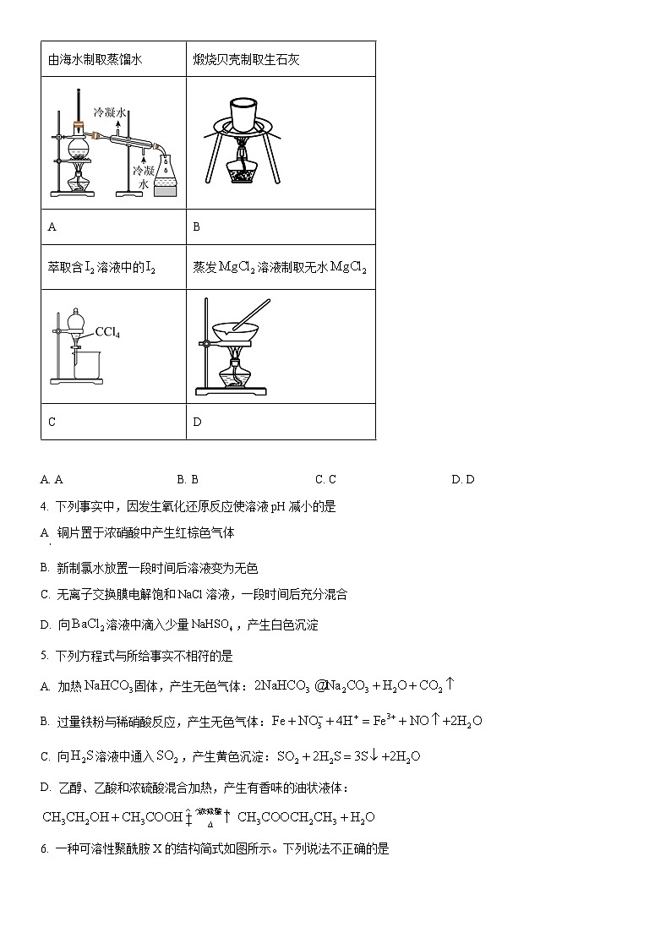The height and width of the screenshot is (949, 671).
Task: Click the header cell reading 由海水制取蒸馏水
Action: tap(96, 59)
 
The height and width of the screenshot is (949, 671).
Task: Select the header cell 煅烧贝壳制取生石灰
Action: tap(247, 59)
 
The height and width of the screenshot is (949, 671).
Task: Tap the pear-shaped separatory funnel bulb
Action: tap(75, 321)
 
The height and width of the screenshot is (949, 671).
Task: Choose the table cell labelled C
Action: tap(52, 422)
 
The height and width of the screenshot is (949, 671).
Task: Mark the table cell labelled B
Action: tap(197, 226)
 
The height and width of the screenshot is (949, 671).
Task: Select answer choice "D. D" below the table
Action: tap(463, 479)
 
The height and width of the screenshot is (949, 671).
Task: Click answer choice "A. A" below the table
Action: tap(52, 479)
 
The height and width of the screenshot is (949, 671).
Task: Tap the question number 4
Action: tap(44, 507)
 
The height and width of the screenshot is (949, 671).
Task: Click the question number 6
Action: tap(44, 848)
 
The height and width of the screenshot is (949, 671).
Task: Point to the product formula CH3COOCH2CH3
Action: tap(286, 817)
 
